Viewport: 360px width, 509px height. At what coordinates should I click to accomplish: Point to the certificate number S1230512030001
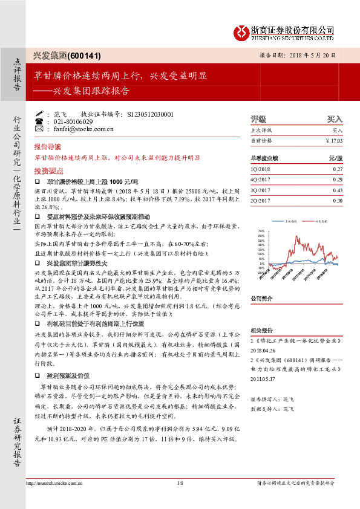coord(148,114)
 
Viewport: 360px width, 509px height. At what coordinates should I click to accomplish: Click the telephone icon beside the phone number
coord(40,121)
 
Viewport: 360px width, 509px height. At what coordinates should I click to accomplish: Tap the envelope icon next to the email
coord(40,129)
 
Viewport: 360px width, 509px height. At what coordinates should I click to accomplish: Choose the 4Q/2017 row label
coord(260,180)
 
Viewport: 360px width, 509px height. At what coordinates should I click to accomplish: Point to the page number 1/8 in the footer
coord(180,483)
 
